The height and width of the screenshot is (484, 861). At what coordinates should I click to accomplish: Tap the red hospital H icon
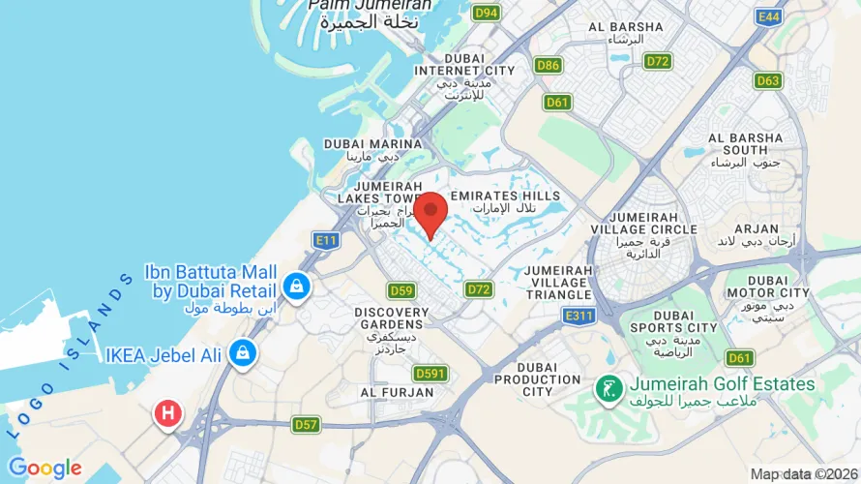click(167, 413)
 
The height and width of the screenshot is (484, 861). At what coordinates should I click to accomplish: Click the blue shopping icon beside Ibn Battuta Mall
click(296, 286)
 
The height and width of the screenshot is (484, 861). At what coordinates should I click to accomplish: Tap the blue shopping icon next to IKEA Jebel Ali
click(242, 353)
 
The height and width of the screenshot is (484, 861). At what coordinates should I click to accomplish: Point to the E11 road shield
click(326, 238)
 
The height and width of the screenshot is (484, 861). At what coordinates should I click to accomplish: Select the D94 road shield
click(486, 13)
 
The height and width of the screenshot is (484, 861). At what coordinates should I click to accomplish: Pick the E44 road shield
click(770, 16)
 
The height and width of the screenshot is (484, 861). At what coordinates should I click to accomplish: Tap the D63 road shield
click(768, 80)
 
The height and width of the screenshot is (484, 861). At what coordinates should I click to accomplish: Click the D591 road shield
click(430, 373)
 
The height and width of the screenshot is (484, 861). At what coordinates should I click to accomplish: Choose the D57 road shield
click(306, 424)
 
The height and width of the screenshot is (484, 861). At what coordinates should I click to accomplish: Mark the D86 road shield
click(548, 65)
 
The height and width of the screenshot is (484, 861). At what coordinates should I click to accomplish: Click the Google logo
click(45, 469)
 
